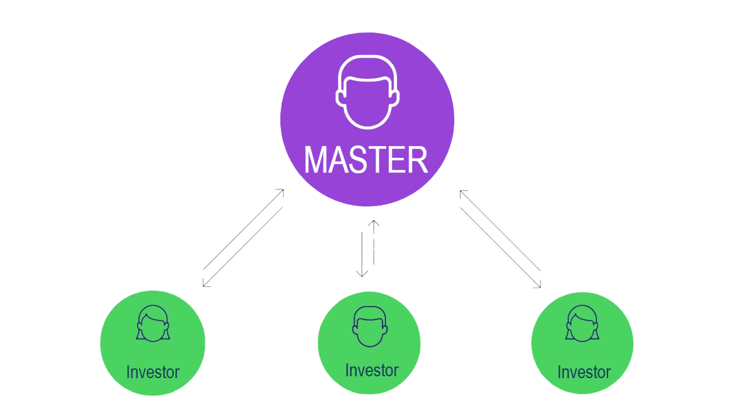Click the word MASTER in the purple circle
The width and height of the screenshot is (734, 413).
[366, 160]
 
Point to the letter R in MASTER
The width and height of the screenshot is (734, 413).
[415, 160]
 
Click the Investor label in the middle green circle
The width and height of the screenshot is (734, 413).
[371, 371]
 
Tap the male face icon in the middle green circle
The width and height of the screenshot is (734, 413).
[369, 326]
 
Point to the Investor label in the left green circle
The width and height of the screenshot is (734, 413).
[152, 372]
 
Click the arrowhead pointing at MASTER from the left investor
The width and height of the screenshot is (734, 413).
[281, 192]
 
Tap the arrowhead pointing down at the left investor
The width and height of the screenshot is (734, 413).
[206, 283]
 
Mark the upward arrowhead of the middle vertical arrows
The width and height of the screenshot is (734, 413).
[374, 223]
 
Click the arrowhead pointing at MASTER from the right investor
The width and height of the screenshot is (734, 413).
[462, 193]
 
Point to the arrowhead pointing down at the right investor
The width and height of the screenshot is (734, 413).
[538, 284]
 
